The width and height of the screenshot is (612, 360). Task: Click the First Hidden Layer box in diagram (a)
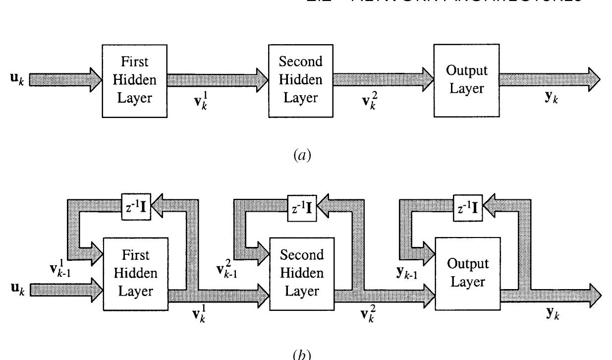coord(135,80)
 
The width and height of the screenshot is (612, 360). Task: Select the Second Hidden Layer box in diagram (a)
coord(300,80)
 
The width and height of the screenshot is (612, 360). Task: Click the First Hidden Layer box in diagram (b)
coord(135,273)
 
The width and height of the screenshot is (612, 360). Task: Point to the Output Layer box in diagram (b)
coord(467,273)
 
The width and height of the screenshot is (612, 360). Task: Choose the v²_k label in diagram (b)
coord(367,314)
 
